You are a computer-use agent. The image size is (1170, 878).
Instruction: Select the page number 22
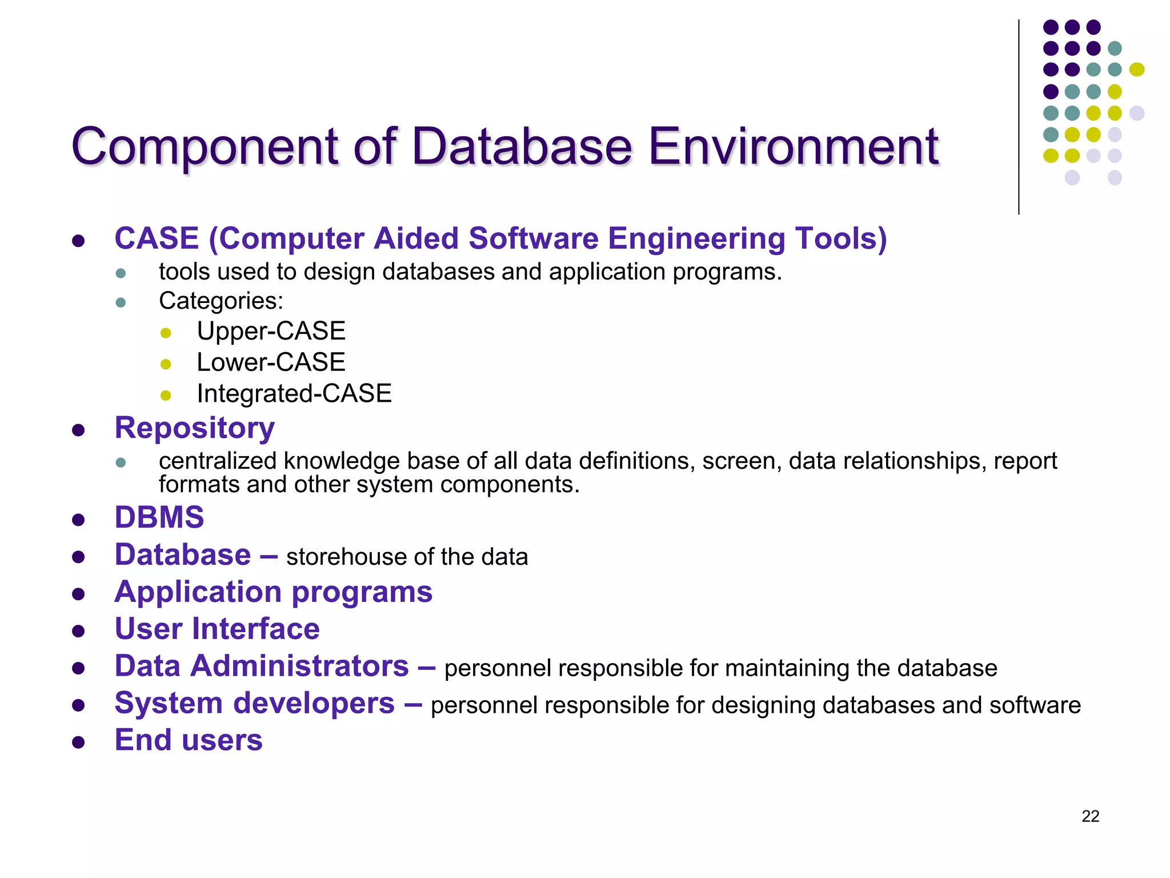[x=1090, y=816]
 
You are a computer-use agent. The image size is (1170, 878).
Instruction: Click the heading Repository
[x=194, y=428]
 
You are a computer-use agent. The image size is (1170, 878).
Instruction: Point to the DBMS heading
[x=159, y=517]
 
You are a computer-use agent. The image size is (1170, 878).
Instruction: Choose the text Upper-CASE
[x=271, y=332]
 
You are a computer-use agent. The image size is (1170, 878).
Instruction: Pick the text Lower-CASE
[x=271, y=362]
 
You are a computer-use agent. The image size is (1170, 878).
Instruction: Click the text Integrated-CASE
[x=294, y=394]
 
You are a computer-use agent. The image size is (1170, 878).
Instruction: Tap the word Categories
[x=219, y=301]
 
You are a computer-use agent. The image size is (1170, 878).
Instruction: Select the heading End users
[x=189, y=740]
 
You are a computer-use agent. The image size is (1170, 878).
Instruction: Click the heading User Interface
[x=217, y=629]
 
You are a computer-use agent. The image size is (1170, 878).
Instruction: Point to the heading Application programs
[x=273, y=592]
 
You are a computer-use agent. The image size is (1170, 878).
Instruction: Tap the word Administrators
[x=299, y=667]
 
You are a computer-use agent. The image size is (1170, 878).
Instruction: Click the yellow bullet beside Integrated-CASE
[x=166, y=395]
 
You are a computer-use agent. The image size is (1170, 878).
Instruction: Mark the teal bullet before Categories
[x=121, y=302]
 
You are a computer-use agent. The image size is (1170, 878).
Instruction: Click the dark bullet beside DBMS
[x=79, y=520]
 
